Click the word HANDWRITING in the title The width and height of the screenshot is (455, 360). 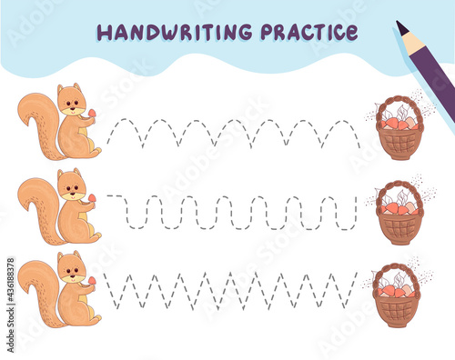tap(175, 32)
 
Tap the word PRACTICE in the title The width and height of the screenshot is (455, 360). tap(309, 32)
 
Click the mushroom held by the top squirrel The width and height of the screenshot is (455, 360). tap(92, 114)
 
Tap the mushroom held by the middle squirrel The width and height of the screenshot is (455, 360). tap(92, 198)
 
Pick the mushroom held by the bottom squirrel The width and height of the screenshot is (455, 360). tap(92, 281)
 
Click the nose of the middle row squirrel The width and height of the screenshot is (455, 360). tap(72, 192)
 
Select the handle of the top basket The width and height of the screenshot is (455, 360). tap(398, 105)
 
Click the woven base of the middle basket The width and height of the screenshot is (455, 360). tap(399, 229)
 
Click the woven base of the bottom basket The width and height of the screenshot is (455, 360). tap(397, 312)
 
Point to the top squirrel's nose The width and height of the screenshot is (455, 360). tap(72, 107)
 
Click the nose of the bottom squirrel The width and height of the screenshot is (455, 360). tap(72, 275)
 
